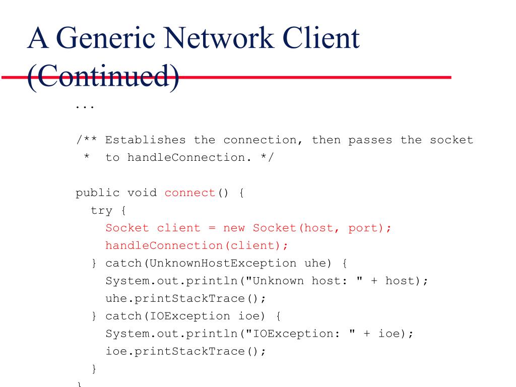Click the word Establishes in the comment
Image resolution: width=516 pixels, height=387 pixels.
145,140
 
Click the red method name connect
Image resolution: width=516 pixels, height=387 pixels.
189,192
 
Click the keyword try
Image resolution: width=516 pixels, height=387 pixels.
101,210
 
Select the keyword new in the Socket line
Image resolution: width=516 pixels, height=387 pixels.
234,228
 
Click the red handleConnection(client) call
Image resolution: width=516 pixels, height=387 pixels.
197,245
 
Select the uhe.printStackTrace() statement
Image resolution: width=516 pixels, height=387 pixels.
185,298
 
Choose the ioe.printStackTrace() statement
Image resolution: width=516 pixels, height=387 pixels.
185,351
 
